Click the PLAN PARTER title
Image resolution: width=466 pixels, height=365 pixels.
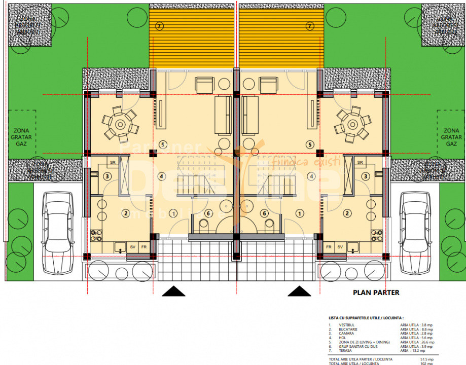click(x=376, y=293)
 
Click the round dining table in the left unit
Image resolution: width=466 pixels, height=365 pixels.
click(x=120, y=124)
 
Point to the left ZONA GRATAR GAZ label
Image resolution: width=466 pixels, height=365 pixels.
click(x=21, y=137)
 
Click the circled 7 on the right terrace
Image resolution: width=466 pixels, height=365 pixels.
click(x=309, y=25)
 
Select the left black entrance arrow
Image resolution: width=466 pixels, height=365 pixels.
click(x=173, y=291)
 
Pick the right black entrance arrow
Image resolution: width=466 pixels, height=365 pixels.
click(x=299, y=291)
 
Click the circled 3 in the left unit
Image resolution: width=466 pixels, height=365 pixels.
click(x=107, y=176)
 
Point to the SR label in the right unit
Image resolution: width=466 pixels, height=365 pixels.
click(x=360, y=162)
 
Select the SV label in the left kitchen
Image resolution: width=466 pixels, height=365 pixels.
click(x=133, y=247)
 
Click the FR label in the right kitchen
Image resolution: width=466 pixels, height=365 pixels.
click(x=329, y=247)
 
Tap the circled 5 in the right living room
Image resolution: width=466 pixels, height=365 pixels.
click(x=309, y=144)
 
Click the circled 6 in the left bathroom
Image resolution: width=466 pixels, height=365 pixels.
click(x=208, y=213)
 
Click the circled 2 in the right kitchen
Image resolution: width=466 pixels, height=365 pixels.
click(x=347, y=213)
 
